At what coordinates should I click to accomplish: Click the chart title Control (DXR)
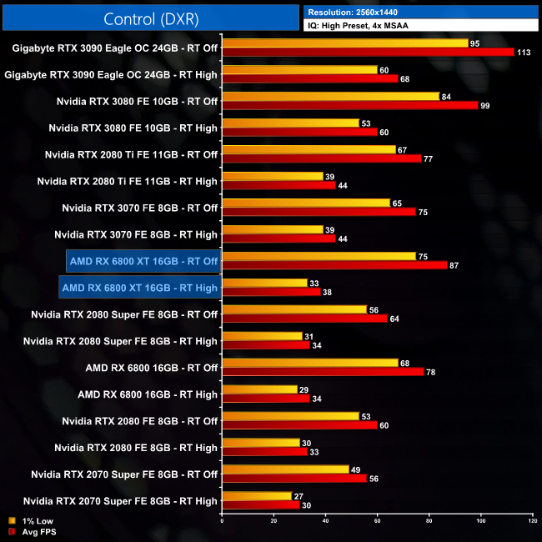point(151,18)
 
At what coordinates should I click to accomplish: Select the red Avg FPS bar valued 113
point(368,52)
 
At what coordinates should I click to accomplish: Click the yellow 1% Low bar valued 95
point(344,43)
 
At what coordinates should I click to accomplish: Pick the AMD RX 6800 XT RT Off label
point(143,261)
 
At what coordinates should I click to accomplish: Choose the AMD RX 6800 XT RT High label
point(139,288)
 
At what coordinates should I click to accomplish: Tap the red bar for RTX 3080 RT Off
point(349,105)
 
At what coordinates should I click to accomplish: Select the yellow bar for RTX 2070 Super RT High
point(257,496)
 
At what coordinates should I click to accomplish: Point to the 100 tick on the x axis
point(481,521)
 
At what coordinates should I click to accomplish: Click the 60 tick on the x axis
point(377,521)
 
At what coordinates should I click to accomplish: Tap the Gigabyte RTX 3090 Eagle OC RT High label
point(111,74)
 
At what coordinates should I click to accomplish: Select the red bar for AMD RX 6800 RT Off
point(323,372)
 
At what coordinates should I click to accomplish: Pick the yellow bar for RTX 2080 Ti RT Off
point(309,149)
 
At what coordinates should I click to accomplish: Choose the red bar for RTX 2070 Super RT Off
point(294,479)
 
